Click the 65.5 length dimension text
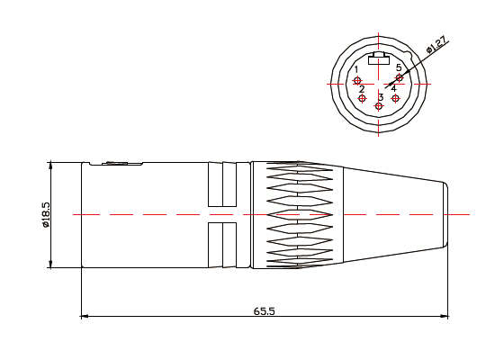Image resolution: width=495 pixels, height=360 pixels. click(264, 310)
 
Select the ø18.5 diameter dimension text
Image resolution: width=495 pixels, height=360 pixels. click(44, 215)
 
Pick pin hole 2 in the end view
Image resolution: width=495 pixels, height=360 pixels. click(363, 98)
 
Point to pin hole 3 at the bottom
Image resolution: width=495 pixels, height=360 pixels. click(379, 106)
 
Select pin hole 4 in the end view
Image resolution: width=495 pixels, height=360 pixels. click(395, 98)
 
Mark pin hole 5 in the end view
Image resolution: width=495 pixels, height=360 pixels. click(400, 77)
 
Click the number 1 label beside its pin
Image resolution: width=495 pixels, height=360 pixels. click(356, 69)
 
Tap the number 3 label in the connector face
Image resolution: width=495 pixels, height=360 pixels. click(381, 96)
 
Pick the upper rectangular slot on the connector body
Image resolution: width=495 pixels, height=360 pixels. click(221, 184)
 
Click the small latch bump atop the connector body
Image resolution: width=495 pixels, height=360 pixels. click(116, 163)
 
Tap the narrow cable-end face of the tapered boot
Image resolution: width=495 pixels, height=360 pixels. click(446, 215)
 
